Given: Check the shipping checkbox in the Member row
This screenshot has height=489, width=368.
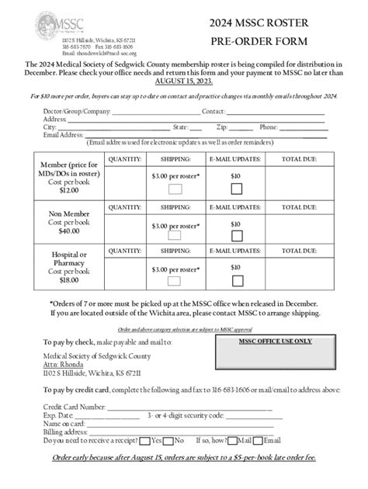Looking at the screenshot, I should coord(175,189).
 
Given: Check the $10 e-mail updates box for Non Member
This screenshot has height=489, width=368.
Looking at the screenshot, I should coord(234,238).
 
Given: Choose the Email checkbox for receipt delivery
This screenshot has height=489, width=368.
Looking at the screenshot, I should coord(260,439).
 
